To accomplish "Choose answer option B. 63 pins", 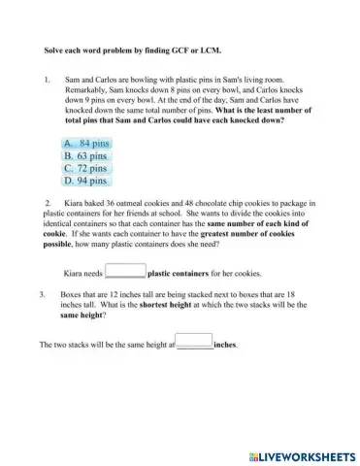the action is pyautogui.click(x=84, y=155).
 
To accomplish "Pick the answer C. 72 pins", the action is pyautogui.click(x=84, y=167).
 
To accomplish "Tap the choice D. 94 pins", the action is pyautogui.click(x=84, y=180).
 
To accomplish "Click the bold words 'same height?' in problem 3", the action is pyautogui.click(x=83, y=316).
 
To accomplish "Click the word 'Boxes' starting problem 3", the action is pyautogui.click(x=74, y=293).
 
